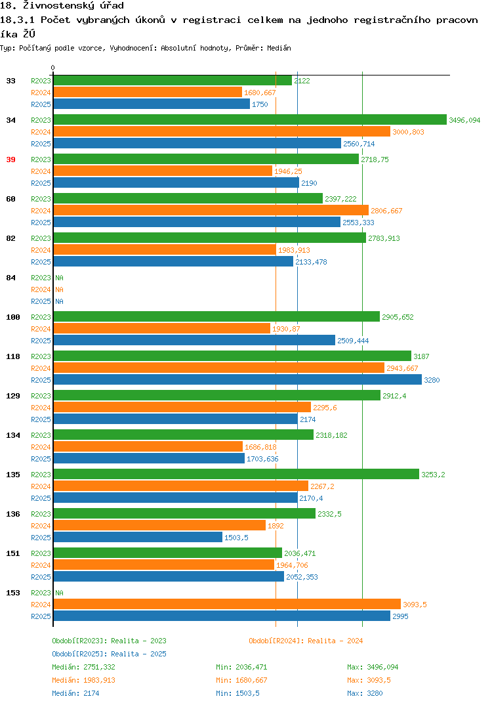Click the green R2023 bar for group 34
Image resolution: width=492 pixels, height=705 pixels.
point(250,119)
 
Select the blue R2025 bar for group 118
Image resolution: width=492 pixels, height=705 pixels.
point(237,379)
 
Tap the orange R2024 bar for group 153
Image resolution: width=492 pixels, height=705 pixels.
point(227,605)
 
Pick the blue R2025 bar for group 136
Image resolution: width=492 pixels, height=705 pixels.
point(138,537)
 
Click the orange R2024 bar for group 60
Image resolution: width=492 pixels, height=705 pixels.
point(211,211)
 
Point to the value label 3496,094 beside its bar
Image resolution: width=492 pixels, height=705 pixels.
point(464,120)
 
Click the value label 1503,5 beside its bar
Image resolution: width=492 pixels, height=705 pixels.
point(236,538)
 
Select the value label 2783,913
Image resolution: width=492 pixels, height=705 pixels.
point(384,238)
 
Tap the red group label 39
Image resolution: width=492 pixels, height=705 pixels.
point(10,160)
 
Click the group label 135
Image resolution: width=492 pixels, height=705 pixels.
point(13,475)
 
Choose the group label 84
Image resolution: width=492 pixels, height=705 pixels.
point(10,278)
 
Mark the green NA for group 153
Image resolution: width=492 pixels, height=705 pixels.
point(59,593)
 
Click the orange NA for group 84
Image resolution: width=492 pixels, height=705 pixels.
point(59,289)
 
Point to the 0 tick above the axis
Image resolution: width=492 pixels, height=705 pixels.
point(53,68)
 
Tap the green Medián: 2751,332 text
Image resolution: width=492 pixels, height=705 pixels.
point(83,667)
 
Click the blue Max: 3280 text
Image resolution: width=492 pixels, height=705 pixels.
point(365,693)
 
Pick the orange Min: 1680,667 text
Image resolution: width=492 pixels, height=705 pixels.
point(241,680)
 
